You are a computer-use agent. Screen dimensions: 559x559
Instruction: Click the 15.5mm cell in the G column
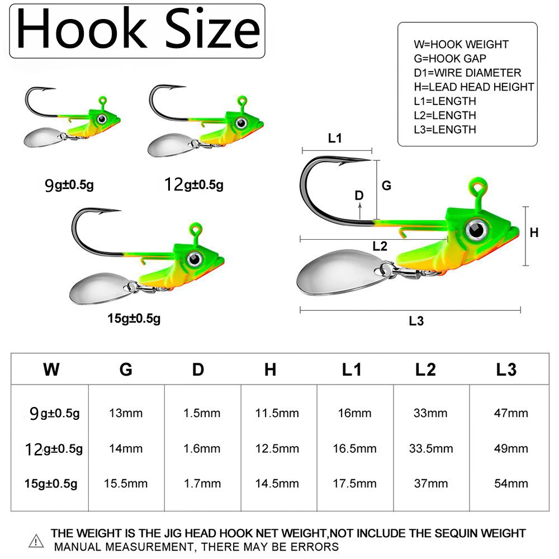click(126, 484)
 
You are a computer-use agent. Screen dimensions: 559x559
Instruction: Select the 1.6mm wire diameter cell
click(202, 448)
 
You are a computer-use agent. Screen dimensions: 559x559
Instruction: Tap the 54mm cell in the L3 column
click(511, 484)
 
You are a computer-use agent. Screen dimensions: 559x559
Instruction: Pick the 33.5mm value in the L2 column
click(431, 448)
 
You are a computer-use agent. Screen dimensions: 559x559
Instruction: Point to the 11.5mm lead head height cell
click(277, 413)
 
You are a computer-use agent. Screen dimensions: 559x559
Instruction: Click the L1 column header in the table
click(352, 369)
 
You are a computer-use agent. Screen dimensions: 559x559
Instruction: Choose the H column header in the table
click(270, 369)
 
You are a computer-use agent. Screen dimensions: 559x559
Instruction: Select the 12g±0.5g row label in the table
click(54, 449)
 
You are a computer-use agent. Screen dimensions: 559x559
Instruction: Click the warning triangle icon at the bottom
click(36, 541)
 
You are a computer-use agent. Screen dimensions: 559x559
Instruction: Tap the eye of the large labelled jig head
click(476, 230)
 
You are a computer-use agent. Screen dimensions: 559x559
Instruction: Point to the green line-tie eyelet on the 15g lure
click(195, 229)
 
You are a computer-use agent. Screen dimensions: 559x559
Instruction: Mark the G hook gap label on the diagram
click(386, 186)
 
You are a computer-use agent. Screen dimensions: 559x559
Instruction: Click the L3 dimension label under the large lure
click(416, 321)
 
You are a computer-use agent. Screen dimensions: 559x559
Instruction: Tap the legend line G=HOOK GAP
click(450, 59)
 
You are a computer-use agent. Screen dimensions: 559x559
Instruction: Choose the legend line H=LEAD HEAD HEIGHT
click(474, 87)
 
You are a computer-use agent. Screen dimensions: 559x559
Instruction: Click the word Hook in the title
click(82, 29)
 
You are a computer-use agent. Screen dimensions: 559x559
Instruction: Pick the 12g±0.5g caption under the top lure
click(194, 184)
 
